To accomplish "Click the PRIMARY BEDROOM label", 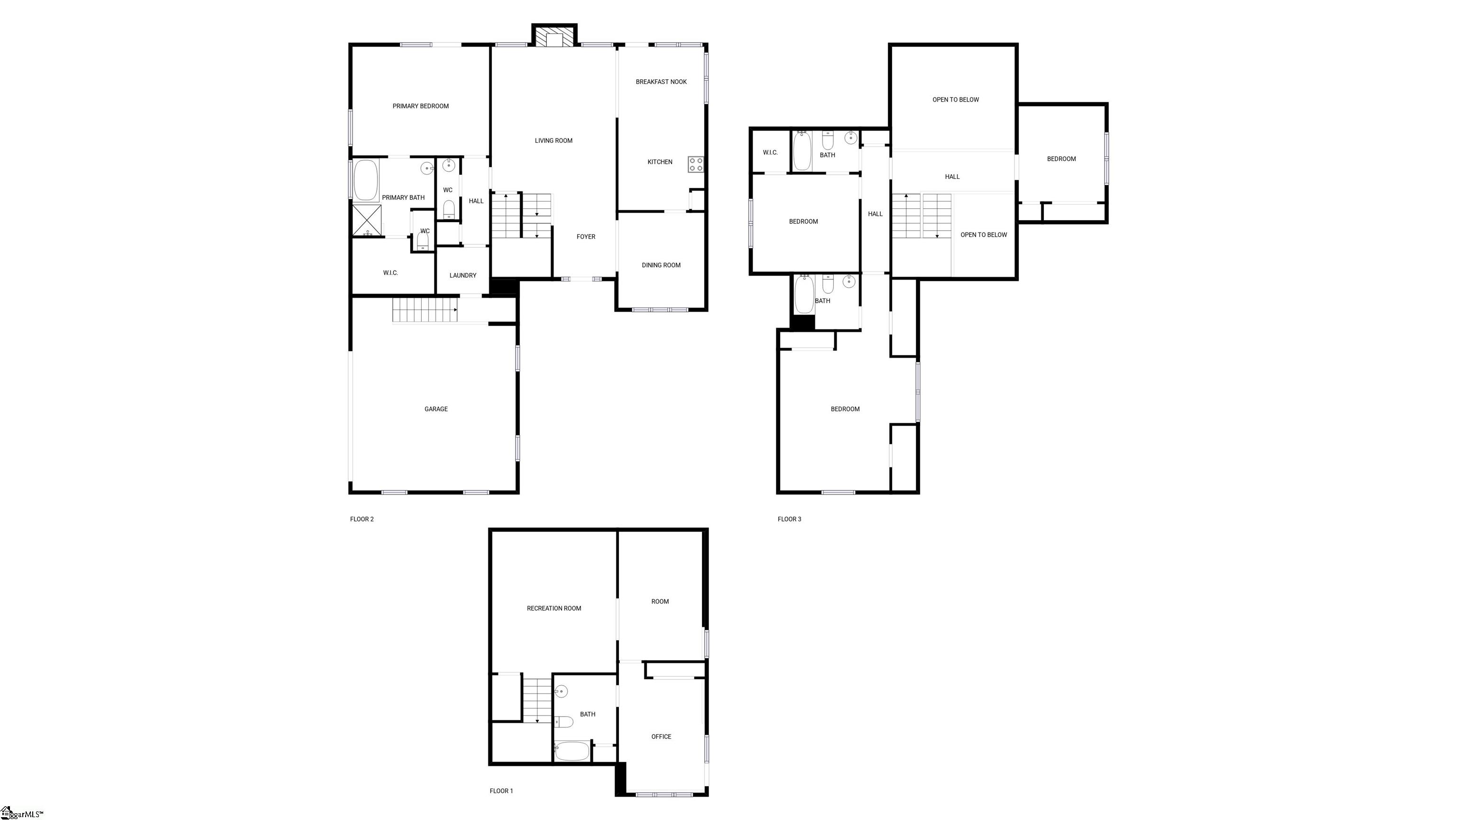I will [x=420, y=106].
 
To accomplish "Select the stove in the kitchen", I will [x=696, y=165].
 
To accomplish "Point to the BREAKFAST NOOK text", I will [x=661, y=82].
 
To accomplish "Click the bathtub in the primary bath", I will [x=367, y=180].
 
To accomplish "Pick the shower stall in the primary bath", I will [x=367, y=220].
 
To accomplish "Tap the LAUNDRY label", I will [x=463, y=276].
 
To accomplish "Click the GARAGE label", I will [x=436, y=409].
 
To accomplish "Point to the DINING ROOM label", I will [x=661, y=265].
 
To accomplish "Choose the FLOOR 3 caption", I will [x=790, y=520].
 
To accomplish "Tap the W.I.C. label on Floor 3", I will [x=770, y=153].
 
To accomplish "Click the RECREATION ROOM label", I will [x=554, y=608].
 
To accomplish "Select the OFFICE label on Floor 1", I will [x=661, y=737].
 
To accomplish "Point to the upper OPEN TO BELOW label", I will [x=956, y=100].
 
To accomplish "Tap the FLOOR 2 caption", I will [x=362, y=520].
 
